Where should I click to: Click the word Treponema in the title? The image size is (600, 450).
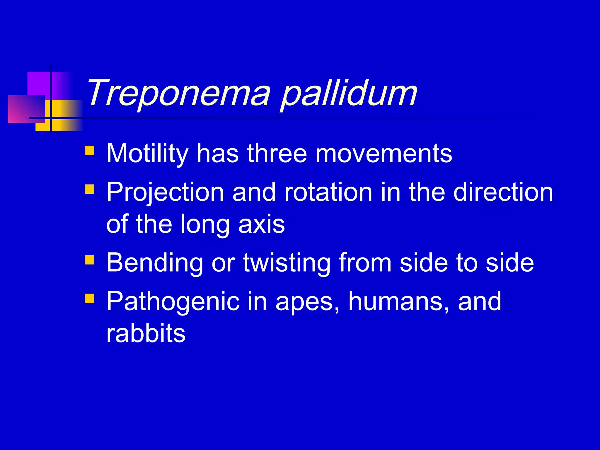[x=178, y=93]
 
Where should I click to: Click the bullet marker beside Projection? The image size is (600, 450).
[x=89, y=189]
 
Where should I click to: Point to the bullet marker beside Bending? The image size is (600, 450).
[x=89, y=260]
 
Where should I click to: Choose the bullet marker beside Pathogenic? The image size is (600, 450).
[x=89, y=299]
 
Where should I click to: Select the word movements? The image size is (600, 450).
[x=383, y=154]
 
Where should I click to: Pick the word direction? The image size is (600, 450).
[x=503, y=192]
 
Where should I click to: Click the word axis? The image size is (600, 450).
[x=261, y=224]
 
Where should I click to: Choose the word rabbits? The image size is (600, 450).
[x=146, y=333]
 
